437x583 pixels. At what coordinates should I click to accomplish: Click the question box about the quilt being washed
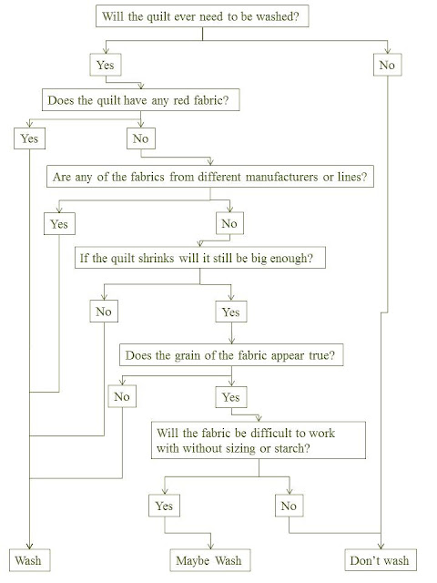tap(202, 16)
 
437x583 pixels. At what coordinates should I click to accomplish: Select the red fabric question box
tap(140, 99)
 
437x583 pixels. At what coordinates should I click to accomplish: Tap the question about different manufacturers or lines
tap(210, 176)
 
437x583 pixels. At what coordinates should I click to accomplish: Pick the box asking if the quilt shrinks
tap(200, 257)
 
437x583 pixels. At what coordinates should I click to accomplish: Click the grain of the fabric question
tap(231, 355)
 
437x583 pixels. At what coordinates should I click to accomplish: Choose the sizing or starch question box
tap(259, 440)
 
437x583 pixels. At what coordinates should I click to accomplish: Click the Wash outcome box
tap(30, 560)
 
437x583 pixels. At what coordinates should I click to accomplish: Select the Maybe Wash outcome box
tap(210, 560)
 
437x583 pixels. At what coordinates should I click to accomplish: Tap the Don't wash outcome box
tap(381, 560)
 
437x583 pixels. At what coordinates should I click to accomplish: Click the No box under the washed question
tap(388, 65)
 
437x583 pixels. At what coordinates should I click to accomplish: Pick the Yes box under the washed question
tap(106, 65)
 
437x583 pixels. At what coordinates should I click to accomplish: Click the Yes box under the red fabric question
tap(30, 138)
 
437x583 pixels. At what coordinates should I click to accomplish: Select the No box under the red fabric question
tap(141, 138)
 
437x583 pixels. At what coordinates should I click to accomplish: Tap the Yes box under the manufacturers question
tap(59, 223)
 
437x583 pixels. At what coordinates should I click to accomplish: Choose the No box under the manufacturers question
tap(229, 223)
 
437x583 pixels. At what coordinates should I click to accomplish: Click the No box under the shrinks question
tap(104, 312)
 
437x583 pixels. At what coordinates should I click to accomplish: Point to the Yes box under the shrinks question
tap(231, 312)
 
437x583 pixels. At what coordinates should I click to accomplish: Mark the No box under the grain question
tap(122, 396)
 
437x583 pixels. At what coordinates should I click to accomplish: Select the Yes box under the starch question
tap(164, 506)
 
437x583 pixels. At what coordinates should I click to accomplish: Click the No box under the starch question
tap(290, 506)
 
